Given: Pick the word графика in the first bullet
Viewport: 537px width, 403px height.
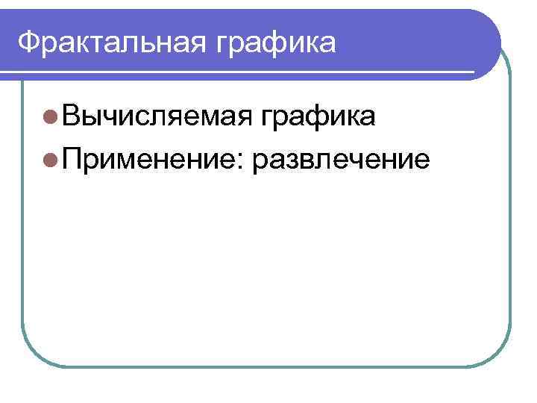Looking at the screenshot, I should [318, 117].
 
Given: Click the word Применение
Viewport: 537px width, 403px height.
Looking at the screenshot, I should [147, 158].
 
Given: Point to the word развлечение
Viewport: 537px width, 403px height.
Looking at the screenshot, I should [342, 160].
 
